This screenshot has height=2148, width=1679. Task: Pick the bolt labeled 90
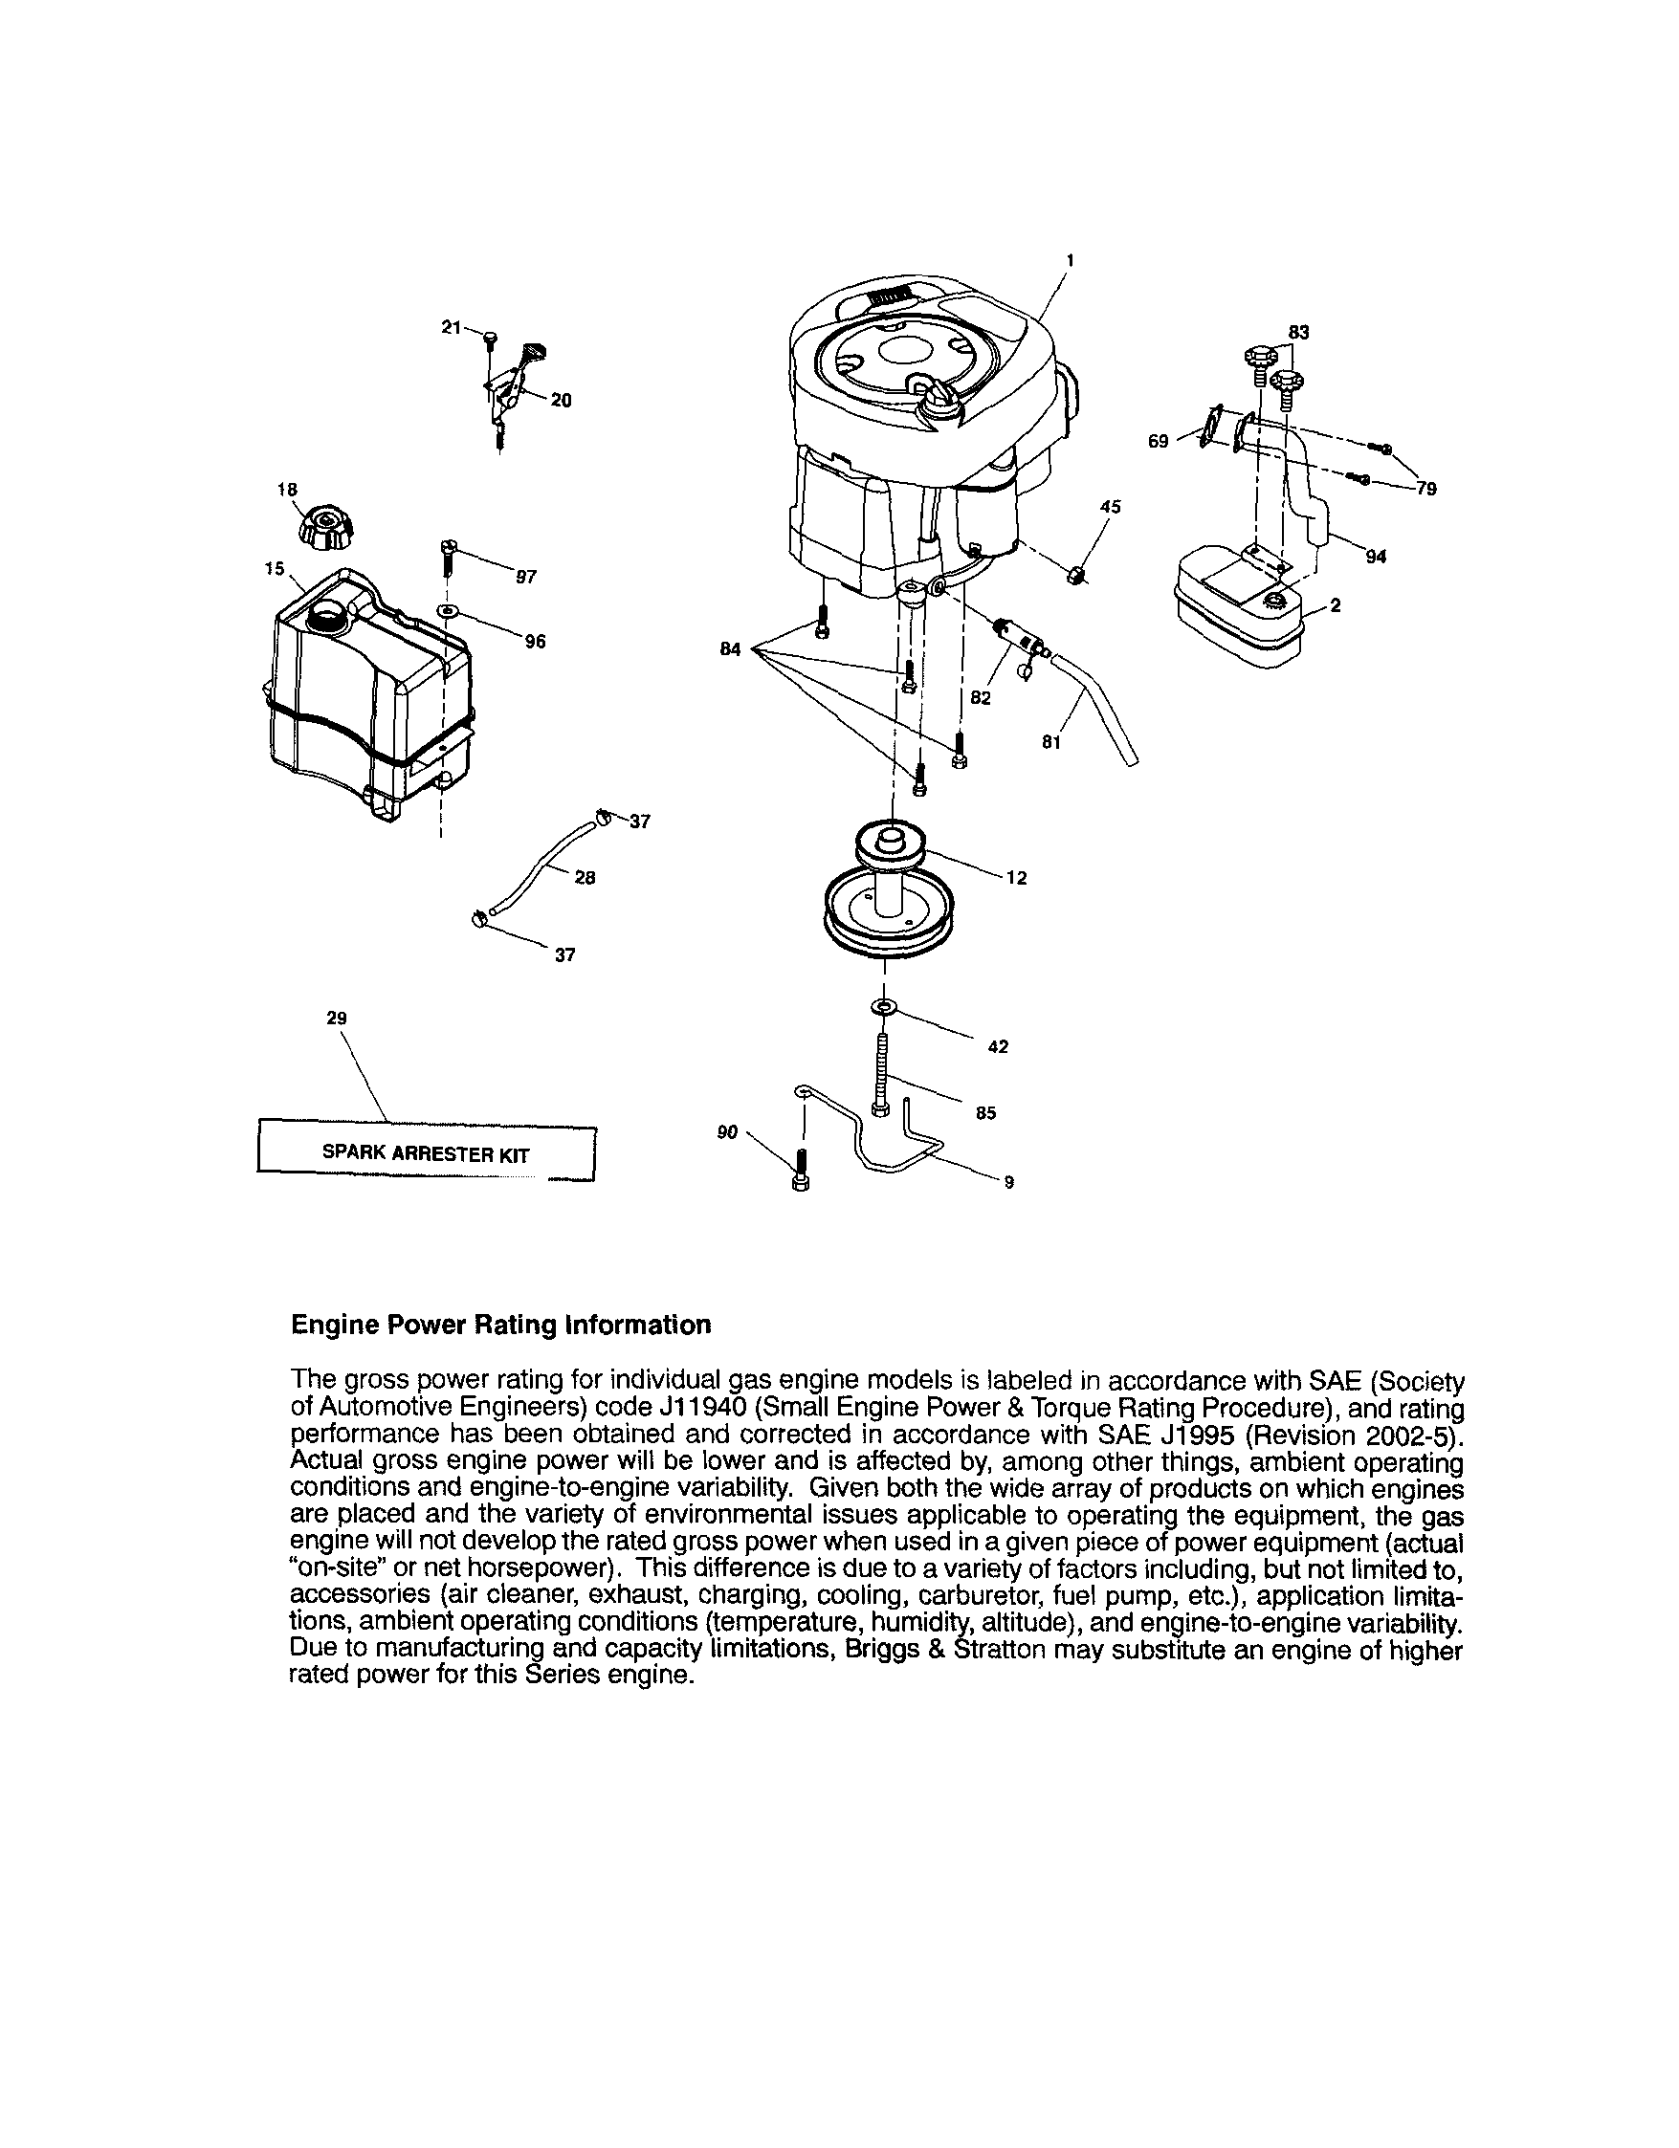click(800, 1171)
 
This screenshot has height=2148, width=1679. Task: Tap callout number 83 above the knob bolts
click(1298, 333)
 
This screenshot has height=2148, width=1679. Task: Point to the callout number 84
click(730, 649)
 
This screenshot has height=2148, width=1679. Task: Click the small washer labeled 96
click(448, 612)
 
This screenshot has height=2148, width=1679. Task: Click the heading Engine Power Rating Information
click(500, 1325)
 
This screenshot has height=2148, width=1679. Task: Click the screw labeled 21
click(490, 339)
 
